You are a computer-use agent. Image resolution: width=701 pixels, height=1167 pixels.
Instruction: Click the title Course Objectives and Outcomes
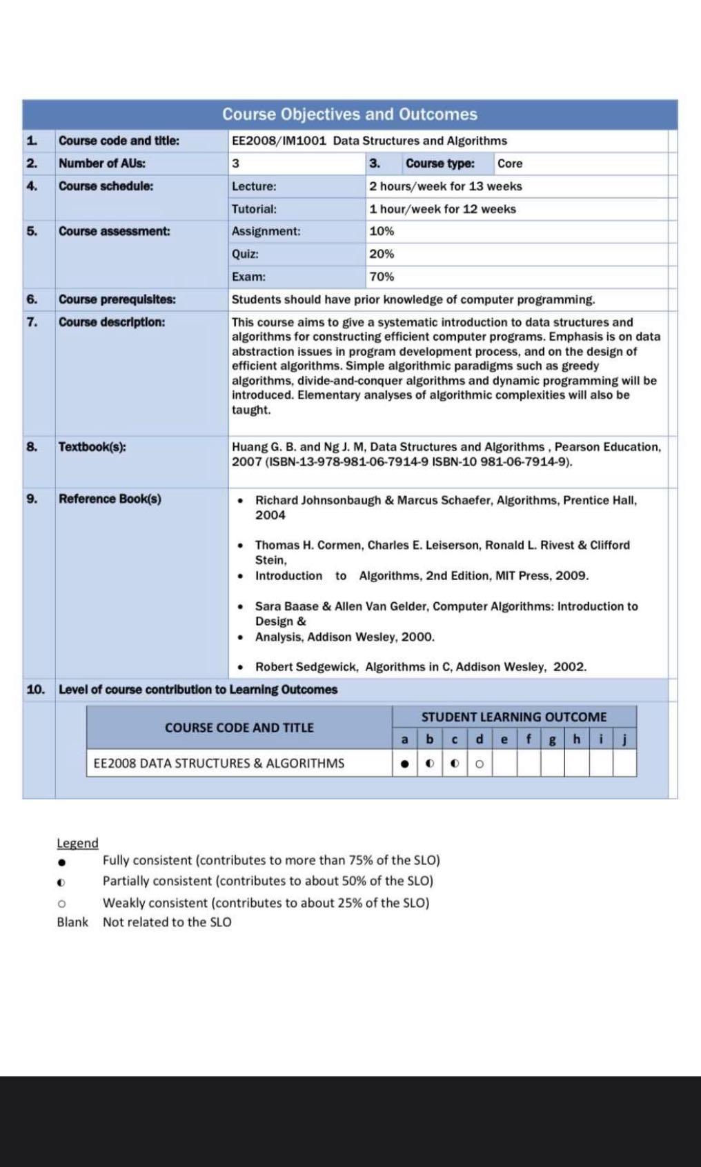click(350, 114)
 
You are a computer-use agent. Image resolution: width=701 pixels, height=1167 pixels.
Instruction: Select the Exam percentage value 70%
click(382, 277)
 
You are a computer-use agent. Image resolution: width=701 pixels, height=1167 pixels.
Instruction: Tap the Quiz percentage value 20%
click(382, 254)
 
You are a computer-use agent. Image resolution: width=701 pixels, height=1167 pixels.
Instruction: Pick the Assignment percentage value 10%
click(382, 231)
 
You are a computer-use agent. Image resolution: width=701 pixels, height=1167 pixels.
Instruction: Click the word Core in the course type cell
click(510, 163)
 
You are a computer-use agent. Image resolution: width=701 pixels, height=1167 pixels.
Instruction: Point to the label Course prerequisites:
click(117, 299)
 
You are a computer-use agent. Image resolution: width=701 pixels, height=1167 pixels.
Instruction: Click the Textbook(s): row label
click(92, 446)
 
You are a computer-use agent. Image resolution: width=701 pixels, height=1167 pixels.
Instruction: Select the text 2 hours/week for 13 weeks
click(446, 186)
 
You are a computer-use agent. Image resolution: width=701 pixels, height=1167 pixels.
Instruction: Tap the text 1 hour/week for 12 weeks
click(442, 209)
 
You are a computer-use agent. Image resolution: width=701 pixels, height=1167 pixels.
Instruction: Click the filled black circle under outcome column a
click(405, 764)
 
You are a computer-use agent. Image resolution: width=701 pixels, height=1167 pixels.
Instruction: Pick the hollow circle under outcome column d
click(480, 764)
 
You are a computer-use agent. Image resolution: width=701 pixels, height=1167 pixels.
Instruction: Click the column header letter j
click(624, 739)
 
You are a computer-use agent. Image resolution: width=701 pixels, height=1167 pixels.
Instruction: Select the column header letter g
click(552, 739)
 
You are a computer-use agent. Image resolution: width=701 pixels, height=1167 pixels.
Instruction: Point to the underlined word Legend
click(77, 843)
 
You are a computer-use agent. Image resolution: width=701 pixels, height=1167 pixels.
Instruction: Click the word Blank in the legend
click(72, 922)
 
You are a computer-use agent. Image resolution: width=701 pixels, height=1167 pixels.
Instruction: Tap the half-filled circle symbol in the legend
click(61, 882)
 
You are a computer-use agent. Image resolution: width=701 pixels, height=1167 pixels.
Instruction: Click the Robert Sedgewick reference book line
click(420, 667)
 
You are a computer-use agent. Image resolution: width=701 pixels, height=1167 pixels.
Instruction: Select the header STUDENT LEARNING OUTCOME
click(514, 717)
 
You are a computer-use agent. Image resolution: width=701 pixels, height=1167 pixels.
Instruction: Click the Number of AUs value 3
click(235, 163)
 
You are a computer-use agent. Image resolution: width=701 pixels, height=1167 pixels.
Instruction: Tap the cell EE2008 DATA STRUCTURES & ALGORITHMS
click(219, 764)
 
